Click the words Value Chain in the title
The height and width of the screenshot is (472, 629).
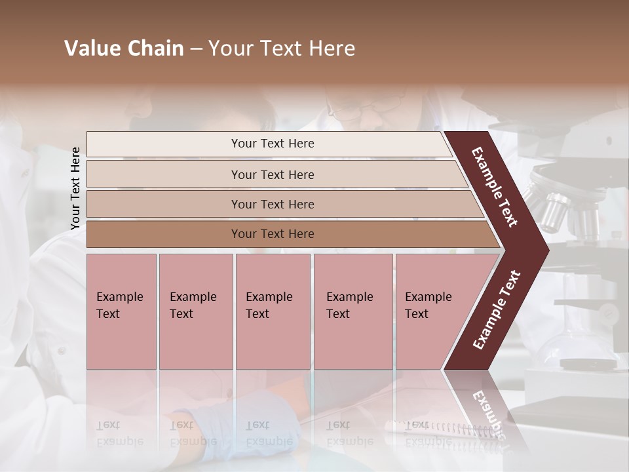pyautogui.click(x=124, y=49)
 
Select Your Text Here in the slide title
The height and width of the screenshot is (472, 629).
pyautogui.click(x=282, y=49)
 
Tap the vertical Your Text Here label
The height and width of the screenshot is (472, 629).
pyautogui.click(x=75, y=188)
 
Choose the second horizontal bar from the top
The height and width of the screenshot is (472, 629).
pyautogui.click(x=275, y=174)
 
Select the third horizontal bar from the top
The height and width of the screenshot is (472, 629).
pyautogui.click(x=282, y=204)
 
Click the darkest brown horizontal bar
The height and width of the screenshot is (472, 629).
pyautogui.click(x=288, y=234)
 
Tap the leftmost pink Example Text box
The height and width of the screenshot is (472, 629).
pyautogui.click(x=121, y=311)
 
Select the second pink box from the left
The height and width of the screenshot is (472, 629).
pyautogui.click(x=195, y=311)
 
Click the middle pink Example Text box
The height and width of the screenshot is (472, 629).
pyautogui.click(x=273, y=311)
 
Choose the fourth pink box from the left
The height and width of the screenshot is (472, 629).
pyautogui.click(x=353, y=311)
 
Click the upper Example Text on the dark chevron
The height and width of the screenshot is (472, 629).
pyautogui.click(x=495, y=187)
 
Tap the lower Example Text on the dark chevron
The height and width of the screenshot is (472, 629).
pyautogui.click(x=497, y=309)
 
